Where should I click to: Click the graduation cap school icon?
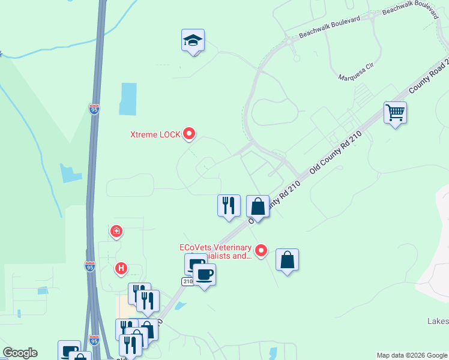[x=193, y=41]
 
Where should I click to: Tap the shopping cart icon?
[x=395, y=112]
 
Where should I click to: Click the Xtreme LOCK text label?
[x=155, y=134]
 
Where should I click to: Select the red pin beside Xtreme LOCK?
[x=189, y=133]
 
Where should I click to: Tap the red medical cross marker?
[x=116, y=230]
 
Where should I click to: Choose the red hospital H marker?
[x=121, y=268]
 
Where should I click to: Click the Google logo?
[x=20, y=353]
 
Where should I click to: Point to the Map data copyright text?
[x=412, y=355]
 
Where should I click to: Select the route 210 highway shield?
[x=187, y=281]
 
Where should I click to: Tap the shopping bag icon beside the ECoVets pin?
[x=288, y=260]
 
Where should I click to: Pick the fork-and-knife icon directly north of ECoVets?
[x=229, y=205]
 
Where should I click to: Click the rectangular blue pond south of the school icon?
[x=128, y=98]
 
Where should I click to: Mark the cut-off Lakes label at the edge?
[x=438, y=322]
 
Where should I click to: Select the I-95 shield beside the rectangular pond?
[x=94, y=109]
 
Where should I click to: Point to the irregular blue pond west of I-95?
[x=70, y=173]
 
